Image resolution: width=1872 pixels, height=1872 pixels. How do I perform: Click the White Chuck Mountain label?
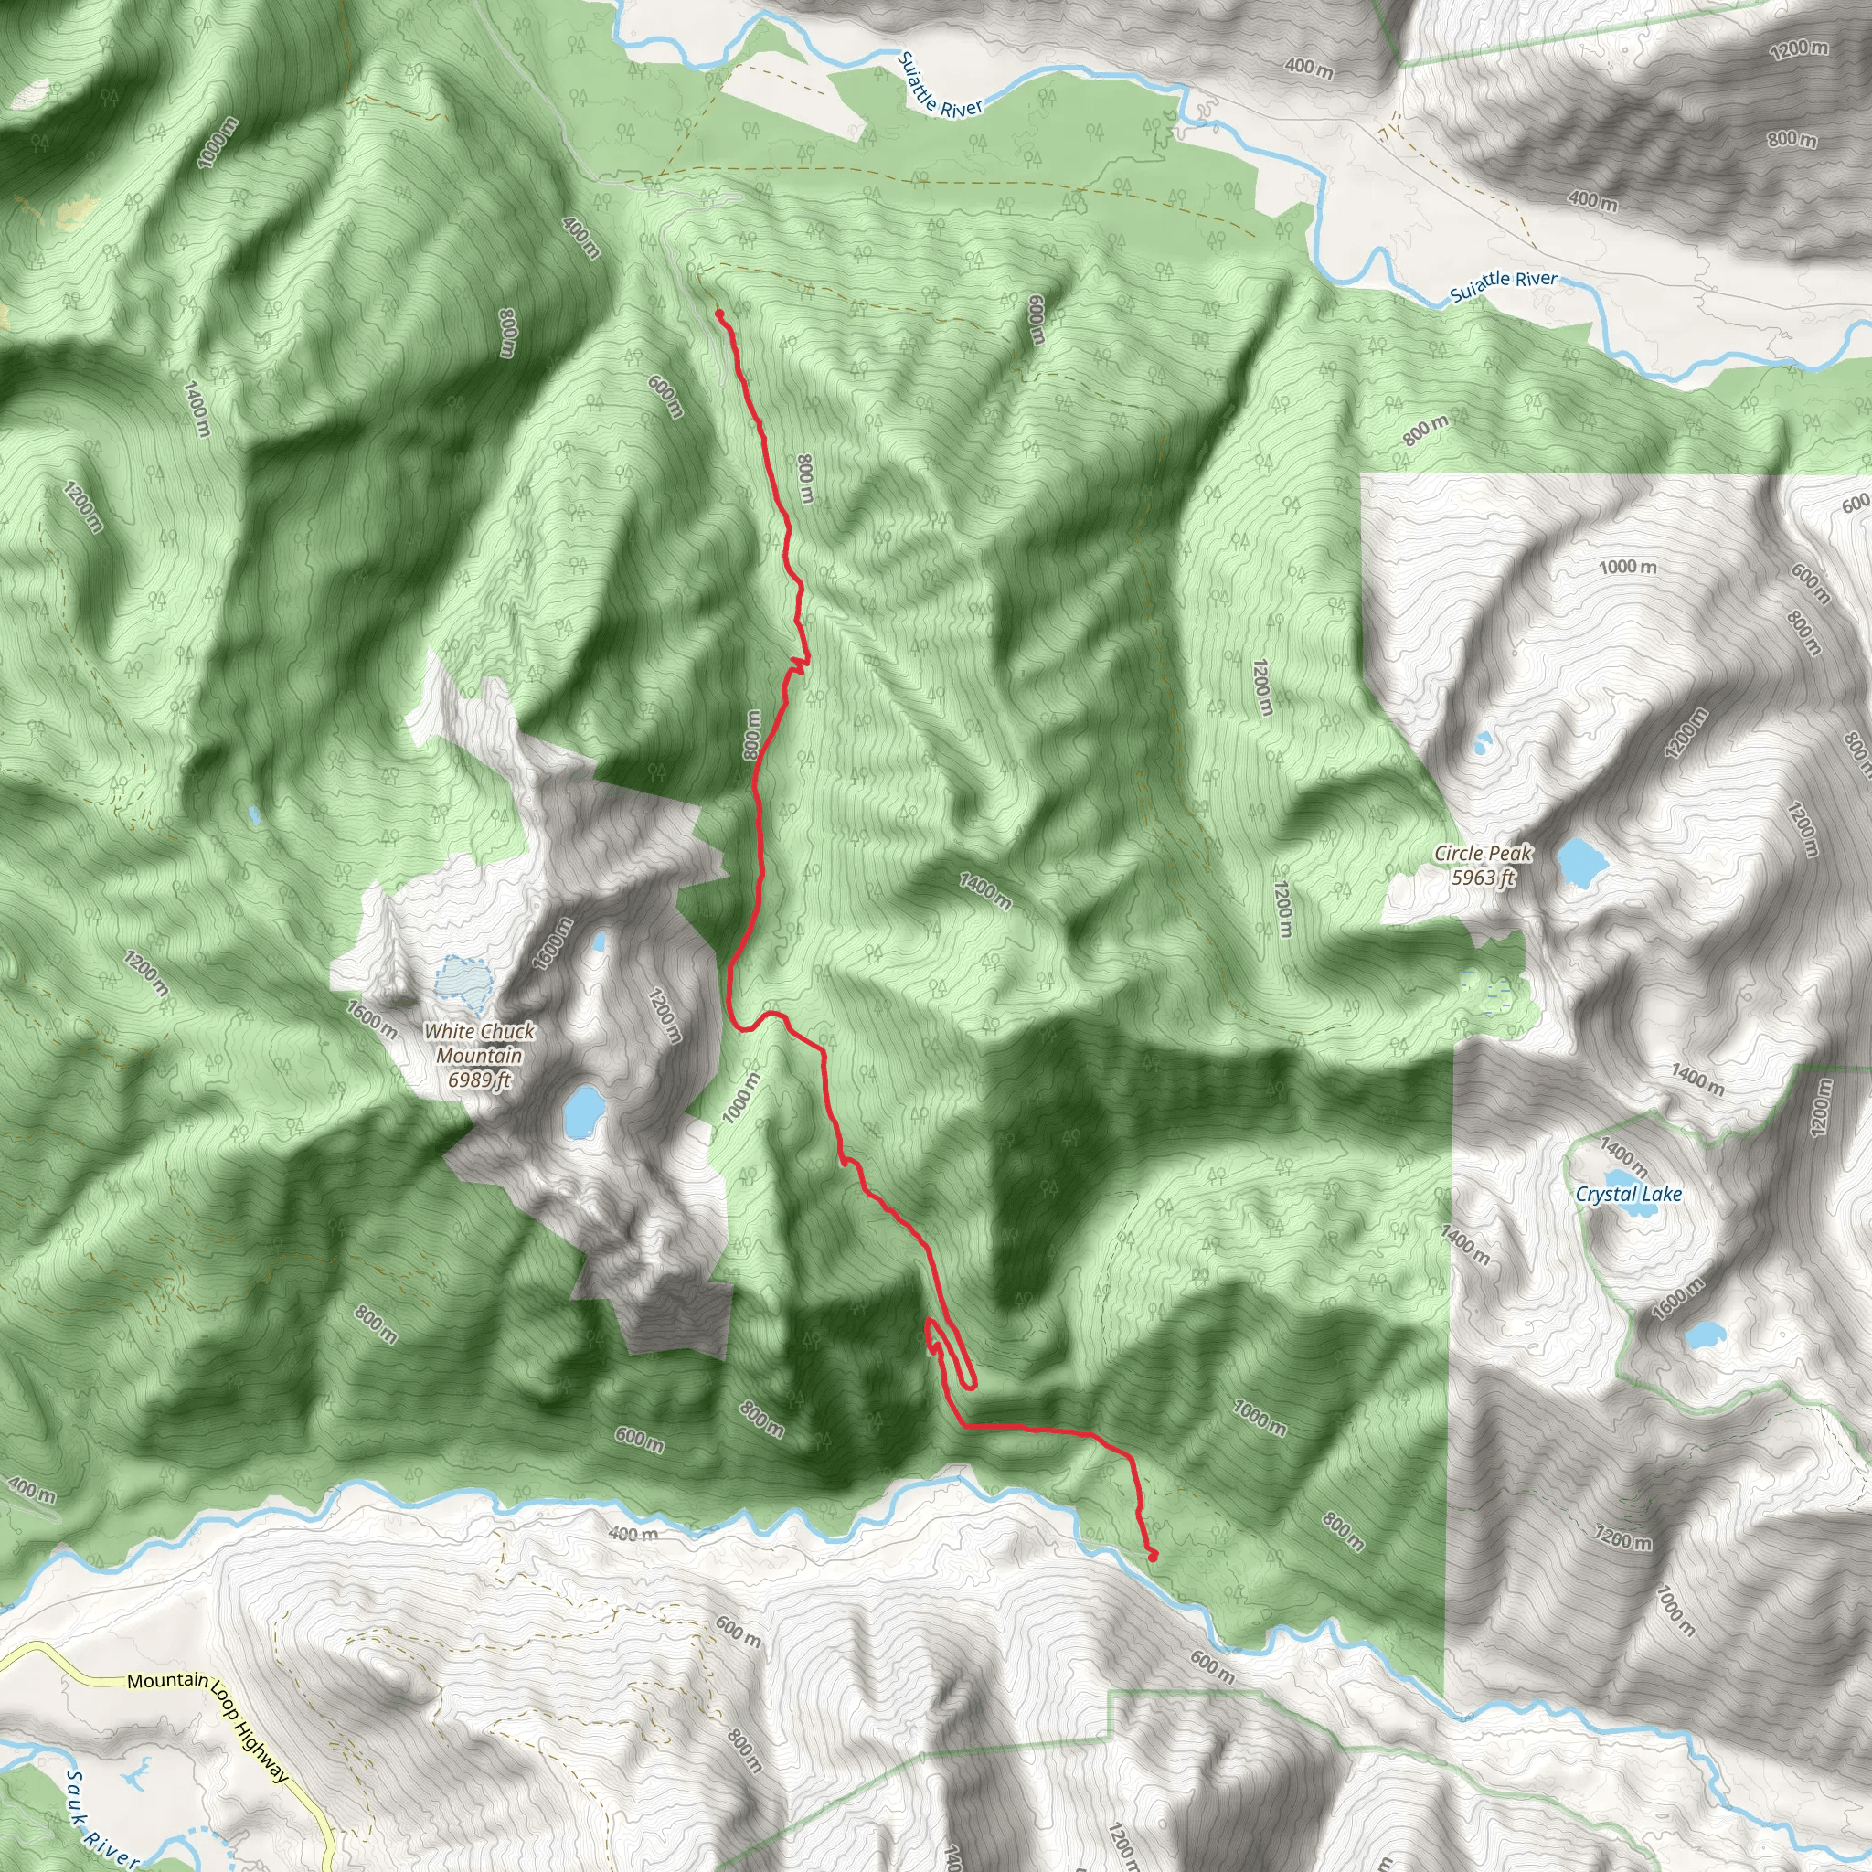(x=479, y=1056)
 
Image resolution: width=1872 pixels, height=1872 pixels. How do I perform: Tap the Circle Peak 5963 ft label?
(x=1484, y=866)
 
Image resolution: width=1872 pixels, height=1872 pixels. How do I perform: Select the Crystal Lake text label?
(x=1628, y=1194)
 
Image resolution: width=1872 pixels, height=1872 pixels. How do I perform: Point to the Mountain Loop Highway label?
(x=208, y=1048)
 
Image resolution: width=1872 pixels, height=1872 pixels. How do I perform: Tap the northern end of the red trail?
(x=718, y=312)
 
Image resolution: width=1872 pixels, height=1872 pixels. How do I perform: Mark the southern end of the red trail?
(x=1153, y=1556)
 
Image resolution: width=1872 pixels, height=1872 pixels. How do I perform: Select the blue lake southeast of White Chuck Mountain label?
(x=582, y=1111)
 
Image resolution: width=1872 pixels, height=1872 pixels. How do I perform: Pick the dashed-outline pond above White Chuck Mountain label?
(x=463, y=981)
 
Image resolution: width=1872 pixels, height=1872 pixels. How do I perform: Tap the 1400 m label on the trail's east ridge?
(x=985, y=890)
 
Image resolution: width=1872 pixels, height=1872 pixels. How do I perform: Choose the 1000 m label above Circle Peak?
(x=1627, y=566)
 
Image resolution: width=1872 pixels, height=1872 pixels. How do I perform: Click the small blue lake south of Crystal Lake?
(x=1705, y=1336)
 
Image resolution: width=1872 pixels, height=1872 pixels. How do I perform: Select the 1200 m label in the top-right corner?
(x=1798, y=48)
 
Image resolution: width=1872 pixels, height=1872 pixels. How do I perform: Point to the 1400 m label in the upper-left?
(x=195, y=408)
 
